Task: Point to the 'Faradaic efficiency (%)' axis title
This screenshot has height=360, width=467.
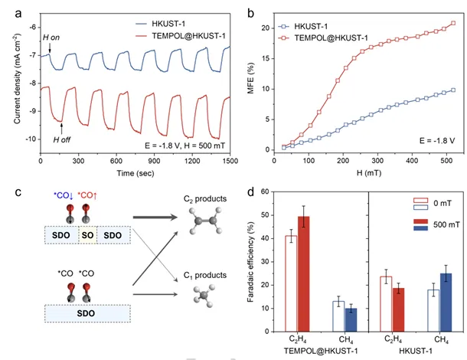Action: [x=249, y=264]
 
